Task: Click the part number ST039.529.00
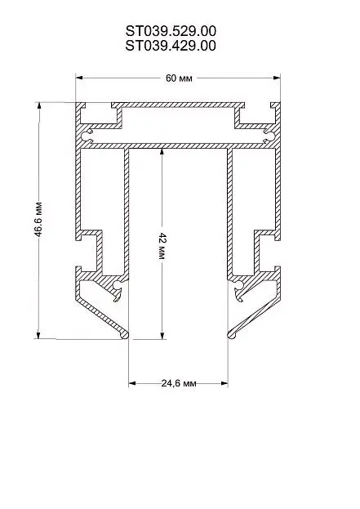point(171,32)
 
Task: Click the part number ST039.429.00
point(171,46)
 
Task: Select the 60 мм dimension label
point(179,78)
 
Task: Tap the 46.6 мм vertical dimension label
point(38,219)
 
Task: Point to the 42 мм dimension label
point(162,246)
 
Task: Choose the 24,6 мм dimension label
point(179,383)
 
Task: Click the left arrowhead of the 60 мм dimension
point(79,78)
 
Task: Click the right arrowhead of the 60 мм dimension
point(277,78)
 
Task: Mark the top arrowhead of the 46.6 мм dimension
point(39,106)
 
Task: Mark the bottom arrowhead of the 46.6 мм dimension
point(38,335)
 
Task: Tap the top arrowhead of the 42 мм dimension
point(162,153)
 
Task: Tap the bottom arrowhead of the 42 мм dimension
point(162,336)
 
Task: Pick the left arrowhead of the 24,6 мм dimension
point(132,383)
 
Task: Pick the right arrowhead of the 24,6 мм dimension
point(224,383)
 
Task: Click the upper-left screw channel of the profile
point(87,136)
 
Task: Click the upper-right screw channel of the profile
point(269,136)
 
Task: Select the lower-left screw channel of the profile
point(118,285)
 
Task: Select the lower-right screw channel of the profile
point(238,285)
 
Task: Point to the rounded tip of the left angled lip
point(125,335)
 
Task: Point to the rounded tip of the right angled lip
point(231,335)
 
